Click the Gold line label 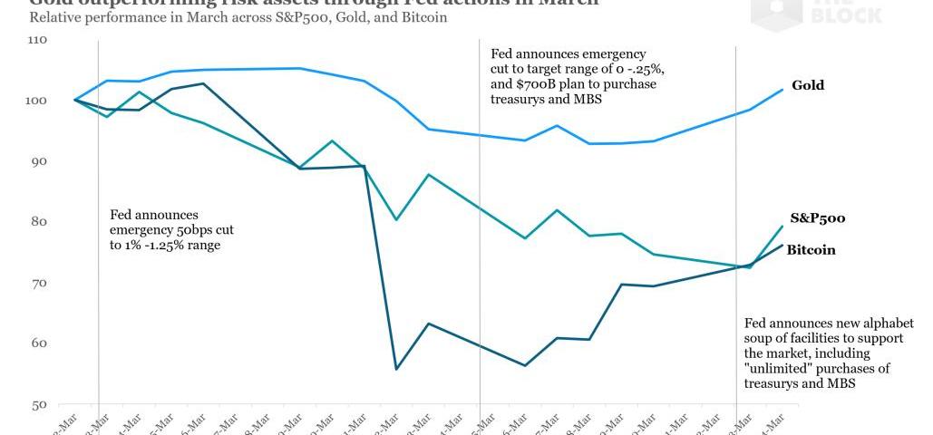point(807,85)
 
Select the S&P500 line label point(818,218)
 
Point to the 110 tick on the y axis point(37,41)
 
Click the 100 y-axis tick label point(37,101)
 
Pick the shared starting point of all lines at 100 point(74,100)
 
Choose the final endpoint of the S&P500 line point(781,226)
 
